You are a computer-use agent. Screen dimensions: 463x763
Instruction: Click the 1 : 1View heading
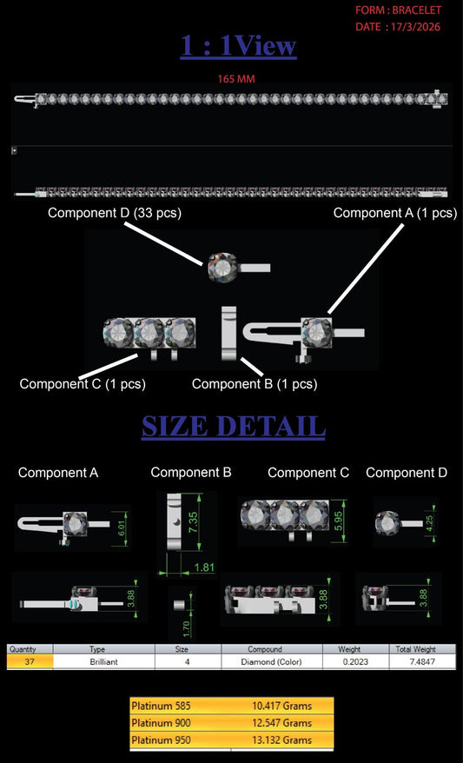click(x=238, y=46)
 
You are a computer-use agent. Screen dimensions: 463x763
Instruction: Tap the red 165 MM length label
click(x=236, y=79)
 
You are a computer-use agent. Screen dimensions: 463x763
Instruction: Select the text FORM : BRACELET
click(x=399, y=10)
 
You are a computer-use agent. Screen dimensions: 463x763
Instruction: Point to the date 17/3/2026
click(x=413, y=27)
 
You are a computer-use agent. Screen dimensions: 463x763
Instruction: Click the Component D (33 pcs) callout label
click(x=115, y=213)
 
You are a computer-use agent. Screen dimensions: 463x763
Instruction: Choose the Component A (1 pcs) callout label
click(x=395, y=213)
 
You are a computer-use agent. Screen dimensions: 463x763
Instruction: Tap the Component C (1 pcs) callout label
click(x=83, y=384)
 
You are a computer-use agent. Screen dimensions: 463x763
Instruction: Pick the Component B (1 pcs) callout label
click(x=255, y=384)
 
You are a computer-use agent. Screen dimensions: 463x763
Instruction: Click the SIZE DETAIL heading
click(x=234, y=427)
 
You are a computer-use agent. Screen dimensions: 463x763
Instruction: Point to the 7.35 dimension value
click(x=192, y=521)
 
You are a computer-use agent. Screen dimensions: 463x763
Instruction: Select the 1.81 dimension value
click(x=204, y=567)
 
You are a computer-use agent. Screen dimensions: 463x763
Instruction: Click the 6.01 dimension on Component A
click(x=122, y=527)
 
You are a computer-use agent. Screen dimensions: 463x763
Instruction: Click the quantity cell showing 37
click(x=30, y=662)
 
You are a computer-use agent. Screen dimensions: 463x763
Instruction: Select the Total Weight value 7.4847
click(x=422, y=662)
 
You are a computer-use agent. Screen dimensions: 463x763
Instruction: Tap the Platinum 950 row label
click(x=161, y=740)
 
